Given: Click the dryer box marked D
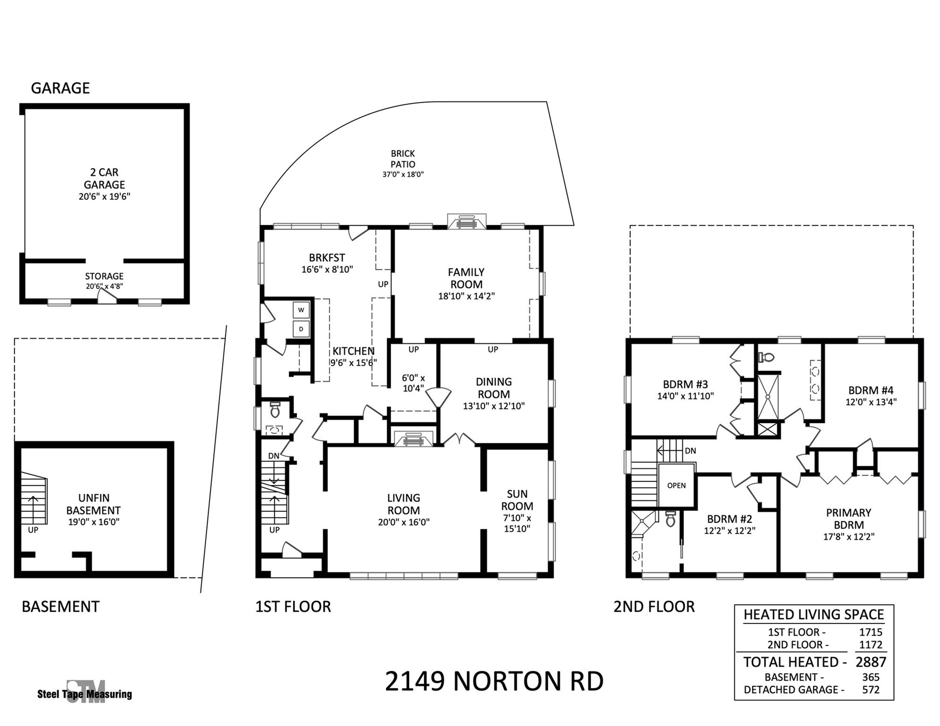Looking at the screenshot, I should pyautogui.click(x=301, y=329).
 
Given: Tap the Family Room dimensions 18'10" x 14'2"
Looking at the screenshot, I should pyautogui.click(x=466, y=296).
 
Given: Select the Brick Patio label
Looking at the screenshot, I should pyautogui.click(x=403, y=159).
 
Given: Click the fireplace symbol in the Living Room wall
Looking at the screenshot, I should pyautogui.click(x=414, y=439).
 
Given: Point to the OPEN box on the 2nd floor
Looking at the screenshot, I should pyautogui.click(x=676, y=485).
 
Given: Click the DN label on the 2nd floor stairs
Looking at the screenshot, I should pyautogui.click(x=690, y=451).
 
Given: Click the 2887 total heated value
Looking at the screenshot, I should pyautogui.click(x=870, y=662).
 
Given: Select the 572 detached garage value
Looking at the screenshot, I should pyautogui.click(x=870, y=690).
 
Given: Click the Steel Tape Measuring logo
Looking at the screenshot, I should pyautogui.click(x=85, y=693).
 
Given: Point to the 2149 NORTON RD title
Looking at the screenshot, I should pyautogui.click(x=494, y=681).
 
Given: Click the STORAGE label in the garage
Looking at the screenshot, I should pyautogui.click(x=104, y=276).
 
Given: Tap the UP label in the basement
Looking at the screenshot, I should pyautogui.click(x=33, y=530).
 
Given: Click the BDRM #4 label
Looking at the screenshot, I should pyautogui.click(x=870, y=390).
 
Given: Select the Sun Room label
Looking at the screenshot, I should pyautogui.click(x=517, y=500).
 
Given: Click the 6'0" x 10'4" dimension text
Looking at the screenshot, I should pyautogui.click(x=413, y=383).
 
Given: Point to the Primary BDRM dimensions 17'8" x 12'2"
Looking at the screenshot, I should pyautogui.click(x=848, y=536).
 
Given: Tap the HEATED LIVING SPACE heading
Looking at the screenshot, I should pyautogui.click(x=813, y=614).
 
